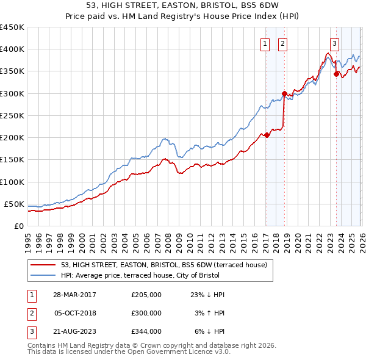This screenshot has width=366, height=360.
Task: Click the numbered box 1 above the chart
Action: pyautogui.click(x=266, y=43)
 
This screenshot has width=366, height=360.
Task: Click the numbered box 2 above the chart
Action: pyautogui.click(x=283, y=43)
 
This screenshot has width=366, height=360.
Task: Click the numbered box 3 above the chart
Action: pyautogui.click(x=335, y=43)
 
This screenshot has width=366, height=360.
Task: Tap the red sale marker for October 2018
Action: pyautogui.click(x=284, y=93)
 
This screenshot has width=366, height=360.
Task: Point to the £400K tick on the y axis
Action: pyautogui.click(x=12, y=49)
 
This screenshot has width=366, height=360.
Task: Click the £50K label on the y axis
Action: pyautogui.click(x=14, y=204)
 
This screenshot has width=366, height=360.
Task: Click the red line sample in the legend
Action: pyautogui.click(x=42, y=265)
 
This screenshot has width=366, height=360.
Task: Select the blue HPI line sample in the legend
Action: pyautogui.click(x=42, y=276)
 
